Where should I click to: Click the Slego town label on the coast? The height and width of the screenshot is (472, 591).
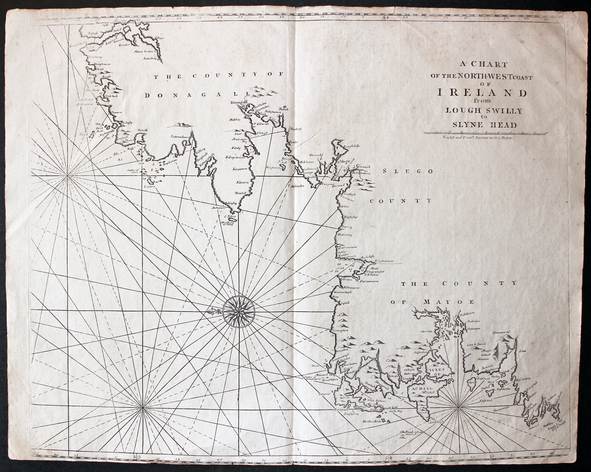[x=344, y=161]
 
